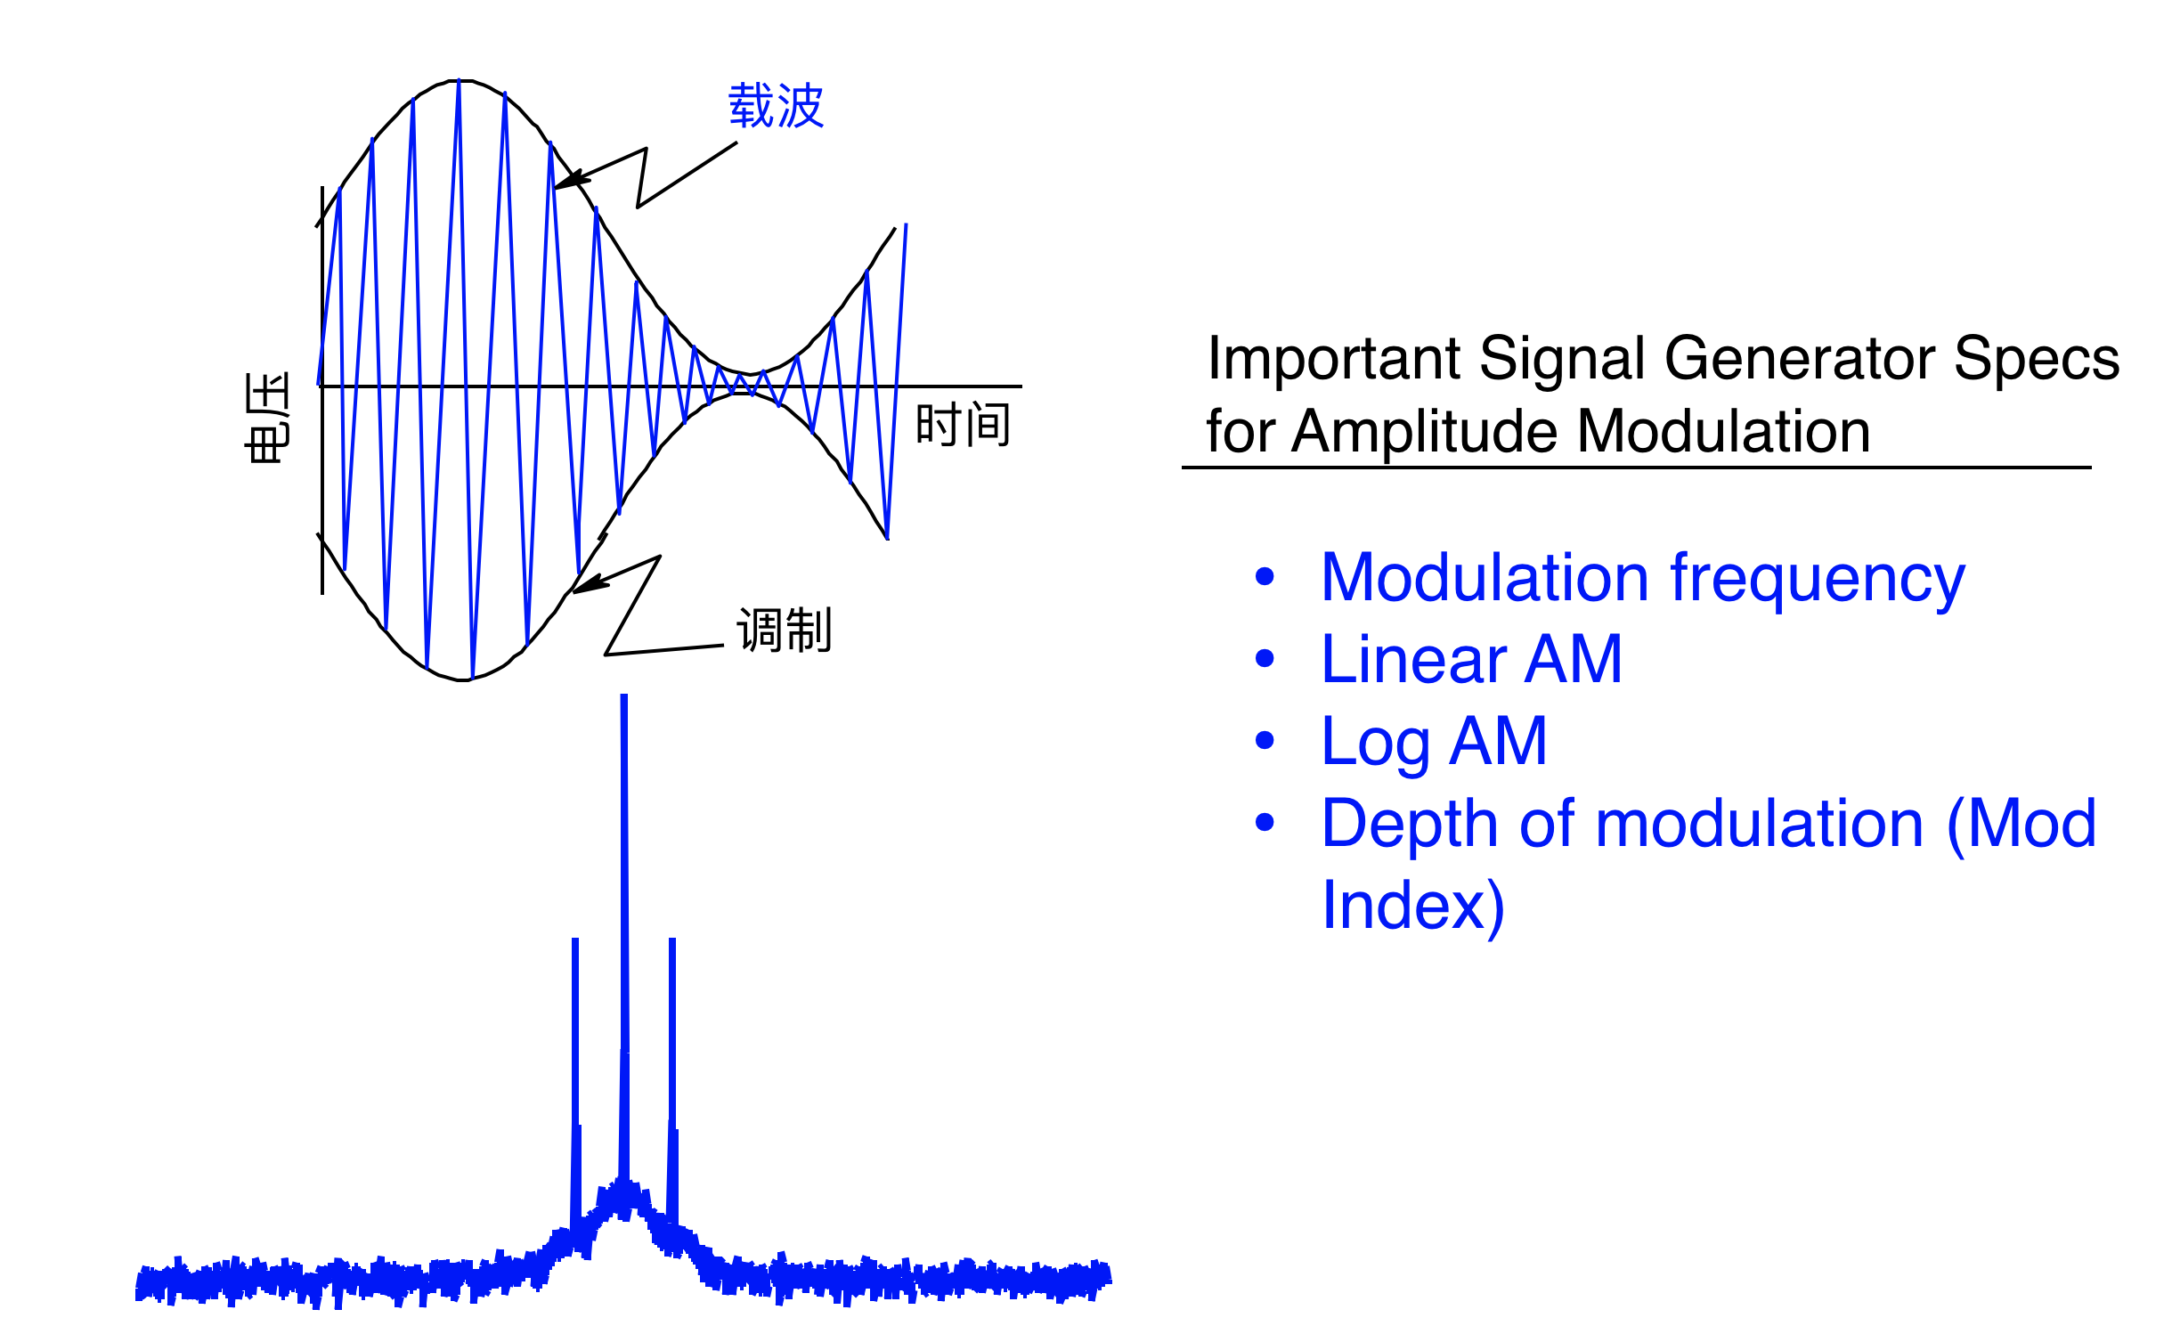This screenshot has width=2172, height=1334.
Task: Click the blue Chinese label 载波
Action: [x=776, y=106]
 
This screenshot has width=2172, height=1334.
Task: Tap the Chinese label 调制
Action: [x=784, y=630]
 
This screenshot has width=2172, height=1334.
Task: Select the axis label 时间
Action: [x=964, y=424]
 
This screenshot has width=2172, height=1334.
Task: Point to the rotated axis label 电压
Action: [x=267, y=417]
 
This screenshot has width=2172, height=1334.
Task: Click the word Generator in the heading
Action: [x=1799, y=359]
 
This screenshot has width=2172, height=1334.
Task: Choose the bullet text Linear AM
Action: [x=1471, y=660]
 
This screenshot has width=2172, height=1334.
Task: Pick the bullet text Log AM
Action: [x=1434, y=743]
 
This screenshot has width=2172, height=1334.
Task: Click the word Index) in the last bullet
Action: [x=1412, y=907]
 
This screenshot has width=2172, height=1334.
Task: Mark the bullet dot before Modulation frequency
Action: [x=1265, y=577]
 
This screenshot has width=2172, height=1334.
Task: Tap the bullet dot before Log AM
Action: [x=1265, y=740]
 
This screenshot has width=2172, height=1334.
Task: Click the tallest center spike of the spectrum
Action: [x=624, y=944]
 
